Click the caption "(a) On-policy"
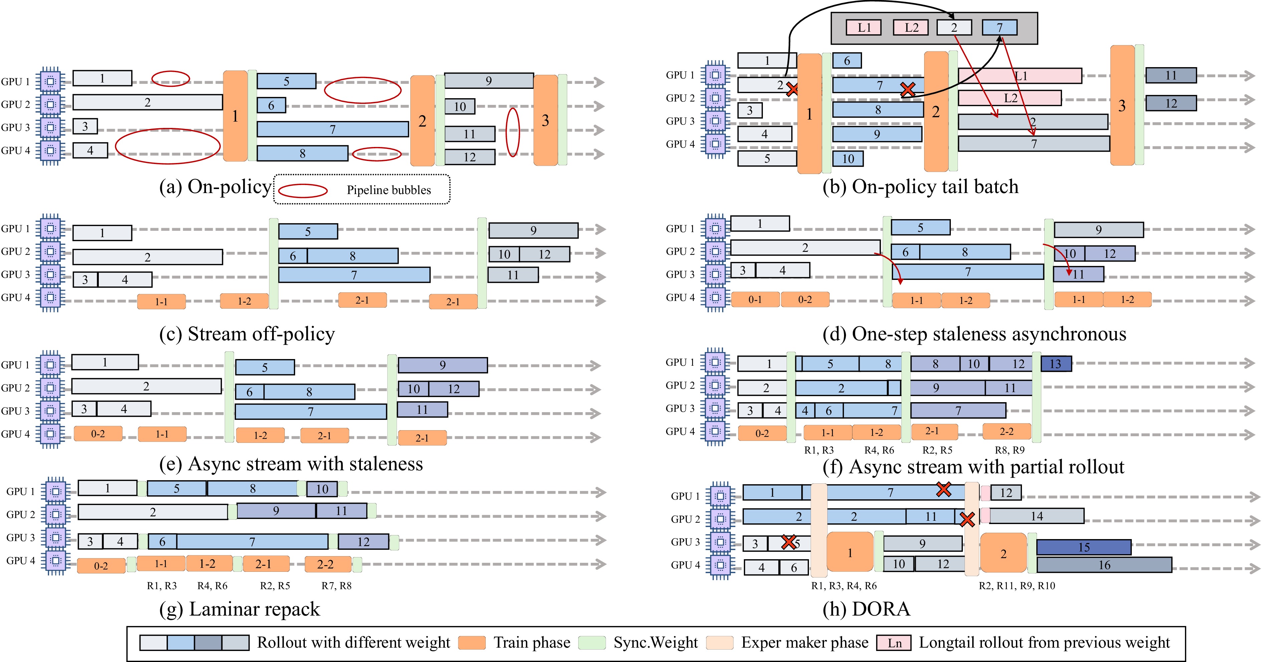[215, 187]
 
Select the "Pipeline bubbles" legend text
[389, 190]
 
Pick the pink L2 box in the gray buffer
[911, 27]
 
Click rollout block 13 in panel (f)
[1056, 364]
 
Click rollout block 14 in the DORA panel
[1036, 516]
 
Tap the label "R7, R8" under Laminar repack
[336, 586]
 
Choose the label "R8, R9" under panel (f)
[1009, 450]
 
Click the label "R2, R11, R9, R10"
[1017, 586]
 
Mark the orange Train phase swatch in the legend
[472, 642]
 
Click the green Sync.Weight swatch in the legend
[592, 642]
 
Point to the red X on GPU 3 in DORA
[788, 542]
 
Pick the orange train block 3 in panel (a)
[545, 121]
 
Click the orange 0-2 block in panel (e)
[98, 434]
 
